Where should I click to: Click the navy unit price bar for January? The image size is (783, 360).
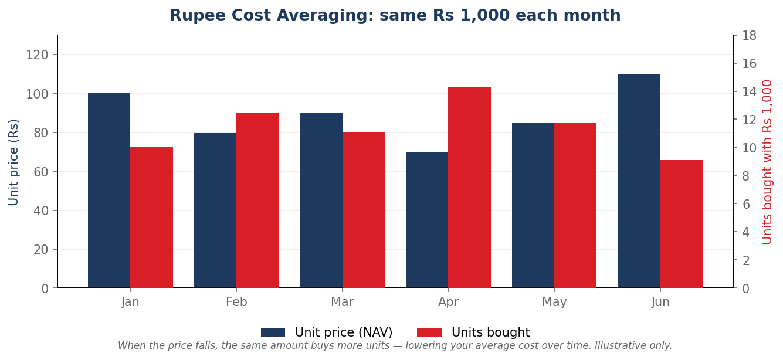(x=109, y=191)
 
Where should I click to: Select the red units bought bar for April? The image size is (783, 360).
(x=469, y=188)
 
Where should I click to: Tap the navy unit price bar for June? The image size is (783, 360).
(x=639, y=181)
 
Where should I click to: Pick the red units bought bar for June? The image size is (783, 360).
(x=682, y=224)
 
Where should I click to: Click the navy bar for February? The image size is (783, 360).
(x=215, y=210)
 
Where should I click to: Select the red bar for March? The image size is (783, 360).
(x=364, y=210)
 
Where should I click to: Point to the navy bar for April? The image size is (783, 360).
(x=427, y=220)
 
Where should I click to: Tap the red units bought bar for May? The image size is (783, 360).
(x=575, y=205)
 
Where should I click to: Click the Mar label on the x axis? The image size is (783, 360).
(x=343, y=302)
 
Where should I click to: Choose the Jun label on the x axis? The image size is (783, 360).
(x=660, y=302)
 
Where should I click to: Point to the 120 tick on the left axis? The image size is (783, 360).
(x=37, y=55)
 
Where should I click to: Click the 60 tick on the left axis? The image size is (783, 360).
(x=41, y=172)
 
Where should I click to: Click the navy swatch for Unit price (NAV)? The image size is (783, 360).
(x=273, y=332)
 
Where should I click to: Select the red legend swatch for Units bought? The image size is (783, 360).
(x=429, y=332)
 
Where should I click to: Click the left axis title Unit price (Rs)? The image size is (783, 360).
(x=13, y=162)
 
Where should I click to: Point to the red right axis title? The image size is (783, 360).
(x=767, y=162)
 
